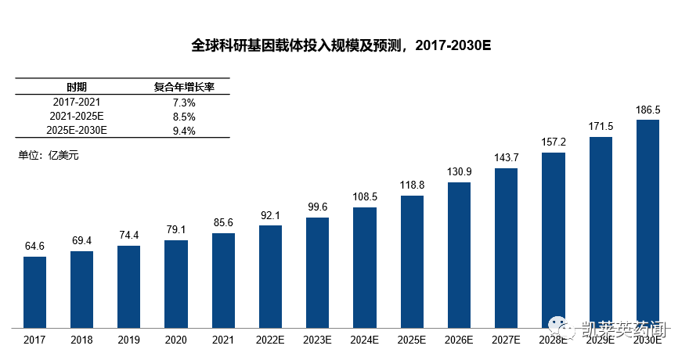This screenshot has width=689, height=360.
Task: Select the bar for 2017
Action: [34, 291]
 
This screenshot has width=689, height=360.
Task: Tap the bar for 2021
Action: [223, 280]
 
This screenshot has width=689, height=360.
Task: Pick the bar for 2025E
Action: [412, 261]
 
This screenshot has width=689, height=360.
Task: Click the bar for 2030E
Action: [648, 223]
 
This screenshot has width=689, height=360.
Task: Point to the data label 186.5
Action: [648, 110]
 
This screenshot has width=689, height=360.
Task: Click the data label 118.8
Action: [412, 185]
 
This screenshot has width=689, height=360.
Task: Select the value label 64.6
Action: [34, 247]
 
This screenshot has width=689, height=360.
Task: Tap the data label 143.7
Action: [507, 158]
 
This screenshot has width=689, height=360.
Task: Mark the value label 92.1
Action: [270, 215]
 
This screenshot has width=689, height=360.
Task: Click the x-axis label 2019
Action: [128, 340]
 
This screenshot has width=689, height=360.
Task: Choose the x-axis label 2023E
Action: [317, 340]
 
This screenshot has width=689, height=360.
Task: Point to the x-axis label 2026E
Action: [459, 340]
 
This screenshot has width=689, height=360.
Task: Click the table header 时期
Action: [77, 87]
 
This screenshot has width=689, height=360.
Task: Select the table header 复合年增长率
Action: [183, 87]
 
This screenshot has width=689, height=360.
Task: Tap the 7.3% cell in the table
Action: [183, 102]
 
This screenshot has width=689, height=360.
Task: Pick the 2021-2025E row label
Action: [77, 116]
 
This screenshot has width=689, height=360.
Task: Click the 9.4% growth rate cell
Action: [183, 130]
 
